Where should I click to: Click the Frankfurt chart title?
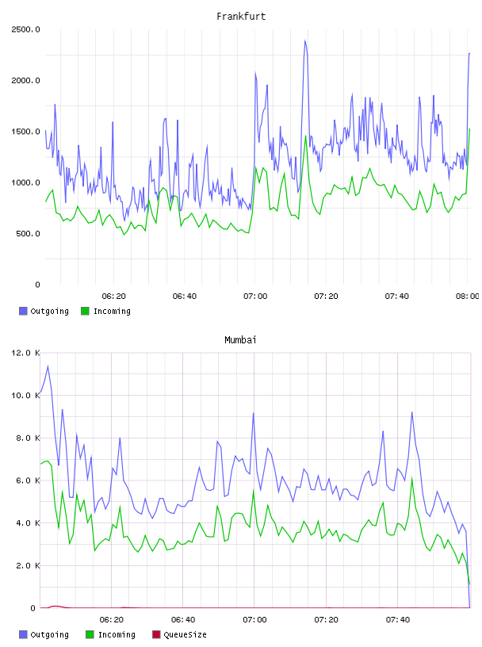click(x=241, y=16)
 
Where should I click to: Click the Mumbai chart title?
click(x=240, y=339)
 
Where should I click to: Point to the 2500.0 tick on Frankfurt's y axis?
click(x=25, y=29)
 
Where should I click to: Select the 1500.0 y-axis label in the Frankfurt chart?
click(x=25, y=132)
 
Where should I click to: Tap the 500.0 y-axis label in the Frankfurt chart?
click(x=28, y=234)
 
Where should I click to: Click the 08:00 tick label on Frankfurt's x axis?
click(x=468, y=296)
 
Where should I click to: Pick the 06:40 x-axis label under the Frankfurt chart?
click(x=185, y=296)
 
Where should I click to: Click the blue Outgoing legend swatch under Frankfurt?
click(x=23, y=311)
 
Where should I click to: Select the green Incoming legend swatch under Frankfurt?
click(x=85, y=311)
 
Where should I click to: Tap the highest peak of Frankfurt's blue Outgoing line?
click(x=305, y=40)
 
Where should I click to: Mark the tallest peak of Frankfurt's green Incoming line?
click(x=469, y=129)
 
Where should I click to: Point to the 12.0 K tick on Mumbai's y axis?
click(x=25, y=353)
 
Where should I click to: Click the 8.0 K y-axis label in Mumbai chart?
click(x=28, y=438)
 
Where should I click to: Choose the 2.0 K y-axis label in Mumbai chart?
click(x=28, y=565)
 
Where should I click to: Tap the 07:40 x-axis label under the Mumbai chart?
click(x=398, y=619)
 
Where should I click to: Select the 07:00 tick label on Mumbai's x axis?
click(x=254, y=619)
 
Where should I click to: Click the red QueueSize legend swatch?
click(x=156, y=634)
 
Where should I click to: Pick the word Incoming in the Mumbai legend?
click(x=117, y=634)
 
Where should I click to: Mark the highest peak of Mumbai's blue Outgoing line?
click(x=48, y=366)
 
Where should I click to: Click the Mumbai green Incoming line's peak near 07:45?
click(x=411, y=479)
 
